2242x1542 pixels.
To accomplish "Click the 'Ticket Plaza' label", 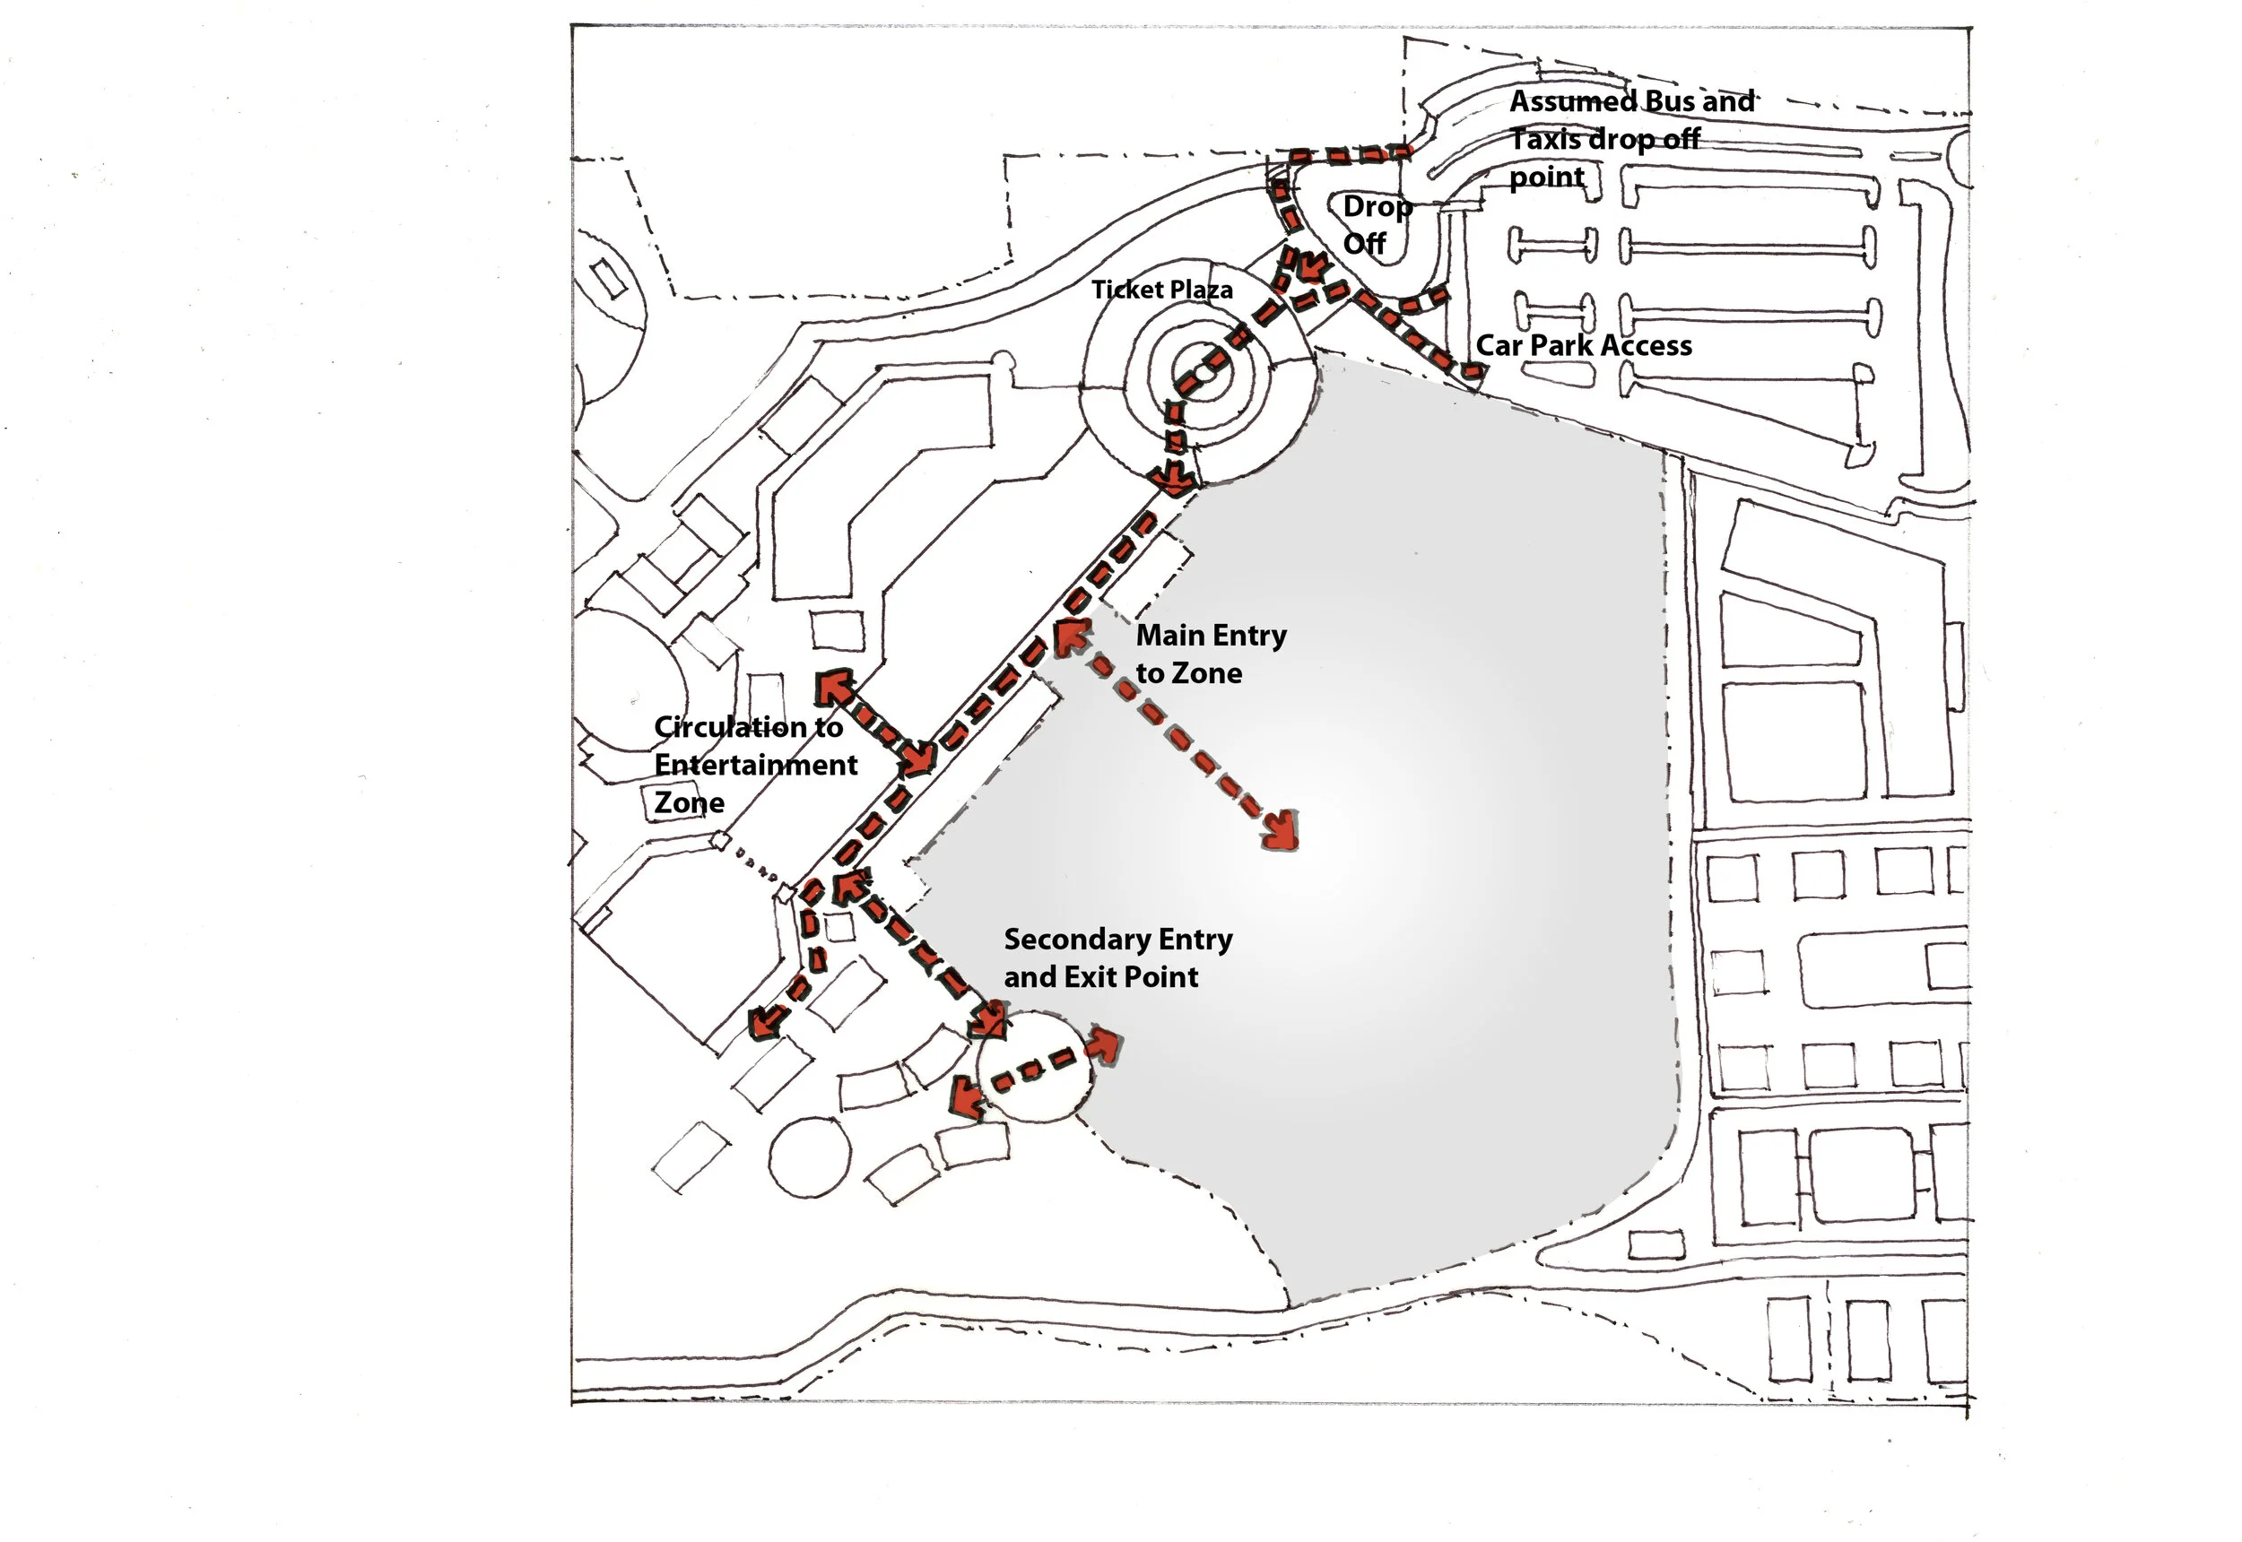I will coord(1161,290).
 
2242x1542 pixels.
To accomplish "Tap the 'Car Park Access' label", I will coord(1583,346).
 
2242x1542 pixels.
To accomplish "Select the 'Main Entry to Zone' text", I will coord(1210,654).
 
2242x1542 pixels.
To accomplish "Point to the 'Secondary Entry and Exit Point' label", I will coord(1117,958).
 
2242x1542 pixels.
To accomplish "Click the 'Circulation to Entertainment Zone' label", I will coord(755,764).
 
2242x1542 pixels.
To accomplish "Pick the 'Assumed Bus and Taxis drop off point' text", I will coord(1631,139).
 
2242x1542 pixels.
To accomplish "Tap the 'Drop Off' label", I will coord(1376,225).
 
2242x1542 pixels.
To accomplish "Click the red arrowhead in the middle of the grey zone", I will coord(1282,832).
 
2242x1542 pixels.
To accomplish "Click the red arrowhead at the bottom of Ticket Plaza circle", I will coord(1176,480).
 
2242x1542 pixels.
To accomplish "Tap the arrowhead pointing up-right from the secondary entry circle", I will coord(1104,1044).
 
